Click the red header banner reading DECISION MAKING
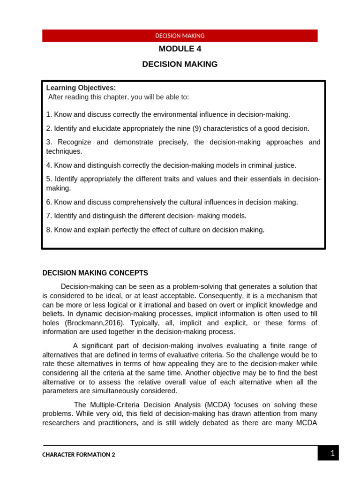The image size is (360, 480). click(x=180, y=36)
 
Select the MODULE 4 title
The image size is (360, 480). click(x=180, y=49)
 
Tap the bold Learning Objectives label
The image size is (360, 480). click(x=81, y=88)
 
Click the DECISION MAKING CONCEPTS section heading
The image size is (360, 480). click(x=95, y=273)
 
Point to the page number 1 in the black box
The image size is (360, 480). click(x=332, y=453)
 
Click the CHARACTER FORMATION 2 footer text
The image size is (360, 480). click(x=79, y=455)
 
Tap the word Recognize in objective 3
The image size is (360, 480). click(x=74, y=142)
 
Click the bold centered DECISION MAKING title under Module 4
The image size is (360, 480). click(x=180, y=64)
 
